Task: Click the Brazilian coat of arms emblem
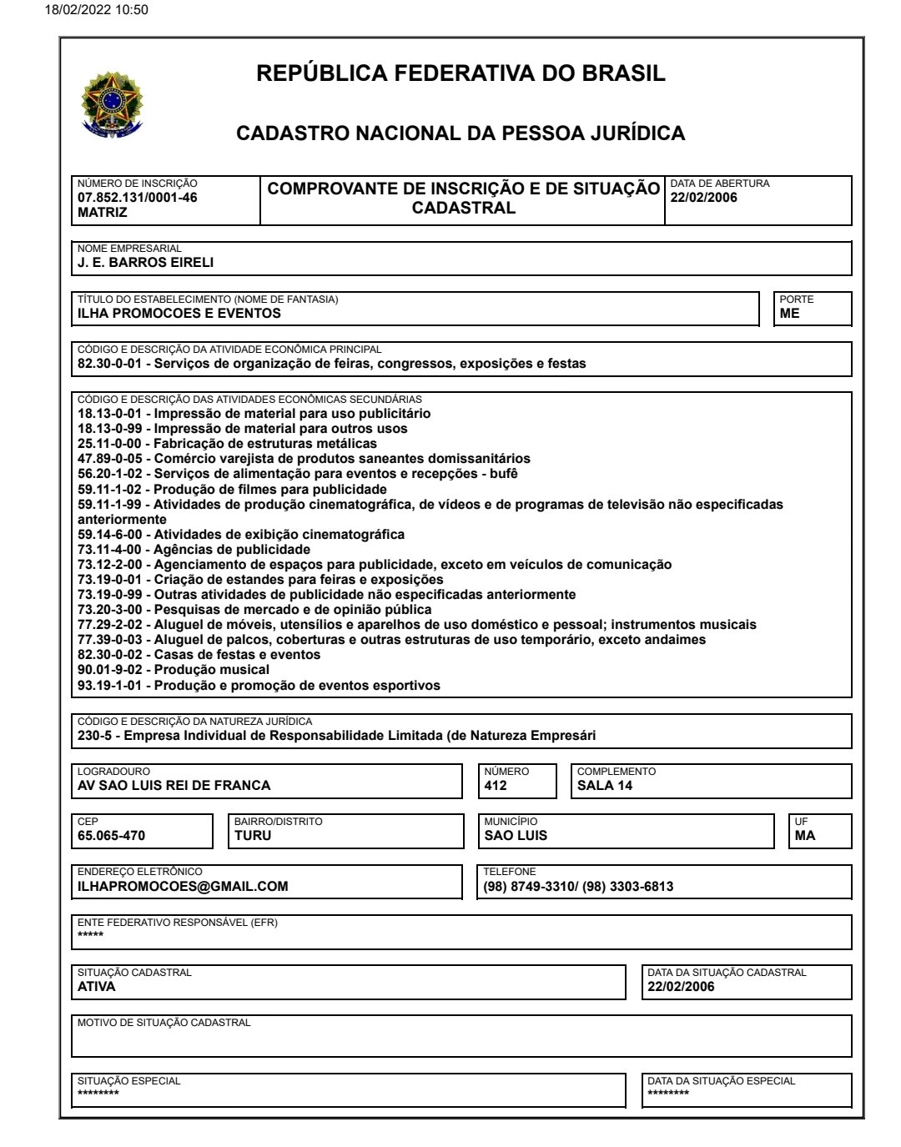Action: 112,104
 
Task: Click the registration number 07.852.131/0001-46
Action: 137,198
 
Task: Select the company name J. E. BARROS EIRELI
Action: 145,262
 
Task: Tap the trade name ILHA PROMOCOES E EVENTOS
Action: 179,314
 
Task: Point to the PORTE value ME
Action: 789,314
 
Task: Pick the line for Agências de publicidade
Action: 194,549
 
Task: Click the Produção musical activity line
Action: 174,669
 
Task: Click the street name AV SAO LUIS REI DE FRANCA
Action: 174,785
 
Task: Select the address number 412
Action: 496,785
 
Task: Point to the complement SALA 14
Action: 605,785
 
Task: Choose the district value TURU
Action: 253,835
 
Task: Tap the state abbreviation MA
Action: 805,835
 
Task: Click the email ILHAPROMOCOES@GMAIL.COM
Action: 183,886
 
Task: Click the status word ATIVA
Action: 97,986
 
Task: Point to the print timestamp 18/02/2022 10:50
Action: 86,10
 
